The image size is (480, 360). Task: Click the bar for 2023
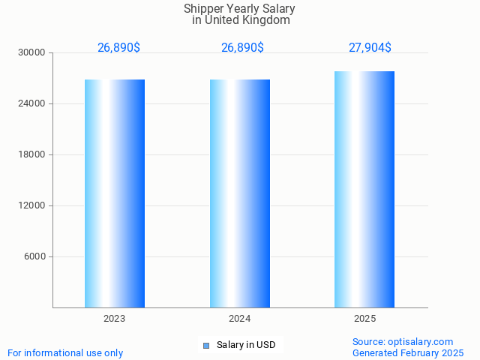(115, 193)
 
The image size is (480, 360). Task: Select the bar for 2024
(240, 193)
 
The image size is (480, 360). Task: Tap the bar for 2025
(364, 189)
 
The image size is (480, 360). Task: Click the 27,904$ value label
(370, 48)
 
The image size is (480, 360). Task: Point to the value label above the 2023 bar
(118, 48)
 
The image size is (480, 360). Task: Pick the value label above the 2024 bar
(242, 48)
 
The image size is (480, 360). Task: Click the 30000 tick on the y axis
(32, 52)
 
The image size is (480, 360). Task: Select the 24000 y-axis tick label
(32, 103)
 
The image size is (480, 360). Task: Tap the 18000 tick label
(32, 154)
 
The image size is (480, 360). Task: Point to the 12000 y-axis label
(32, 205)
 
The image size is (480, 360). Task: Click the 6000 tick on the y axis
(34, 256)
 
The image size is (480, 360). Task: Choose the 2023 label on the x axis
(115, 319)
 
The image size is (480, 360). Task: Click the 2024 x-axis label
(240, 319)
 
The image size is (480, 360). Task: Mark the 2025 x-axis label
(364, 319)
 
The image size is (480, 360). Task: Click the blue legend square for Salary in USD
(206, 346)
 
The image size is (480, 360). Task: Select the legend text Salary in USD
(246, 345)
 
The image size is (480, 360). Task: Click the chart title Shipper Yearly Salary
(239, 9)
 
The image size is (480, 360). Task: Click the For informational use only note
(65, 352)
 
